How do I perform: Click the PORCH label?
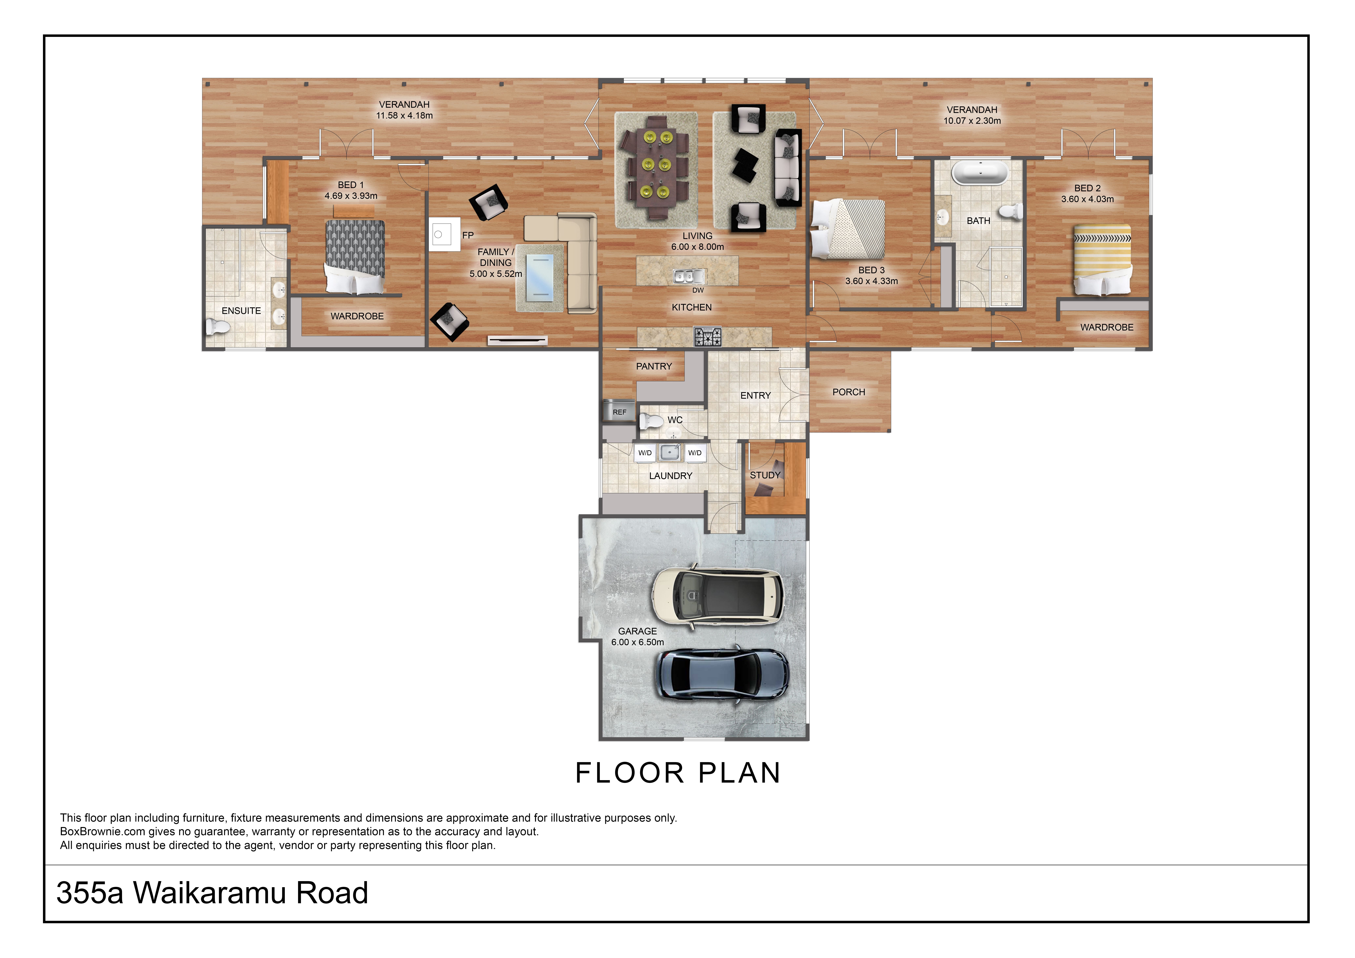pos(849,392)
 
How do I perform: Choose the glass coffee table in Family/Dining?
pos(539,276)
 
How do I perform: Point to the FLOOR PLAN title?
pos(677,773)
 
